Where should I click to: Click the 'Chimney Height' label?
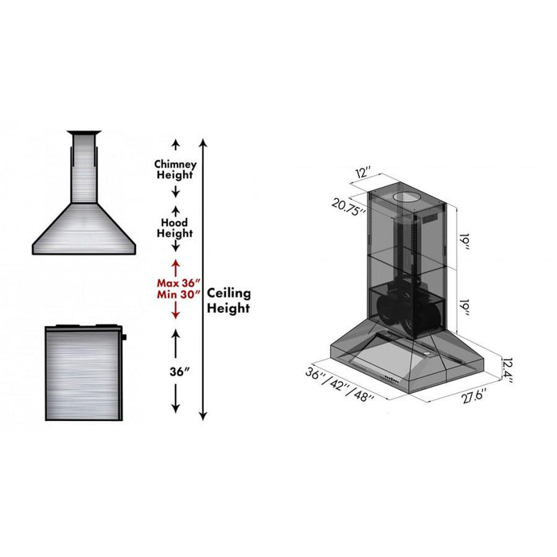click(x=175, y=169)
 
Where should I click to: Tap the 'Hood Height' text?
click(x=175, y=228)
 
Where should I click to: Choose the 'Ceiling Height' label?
click(x=229, y=300)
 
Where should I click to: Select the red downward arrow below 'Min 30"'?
click(x=175, y=313)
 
